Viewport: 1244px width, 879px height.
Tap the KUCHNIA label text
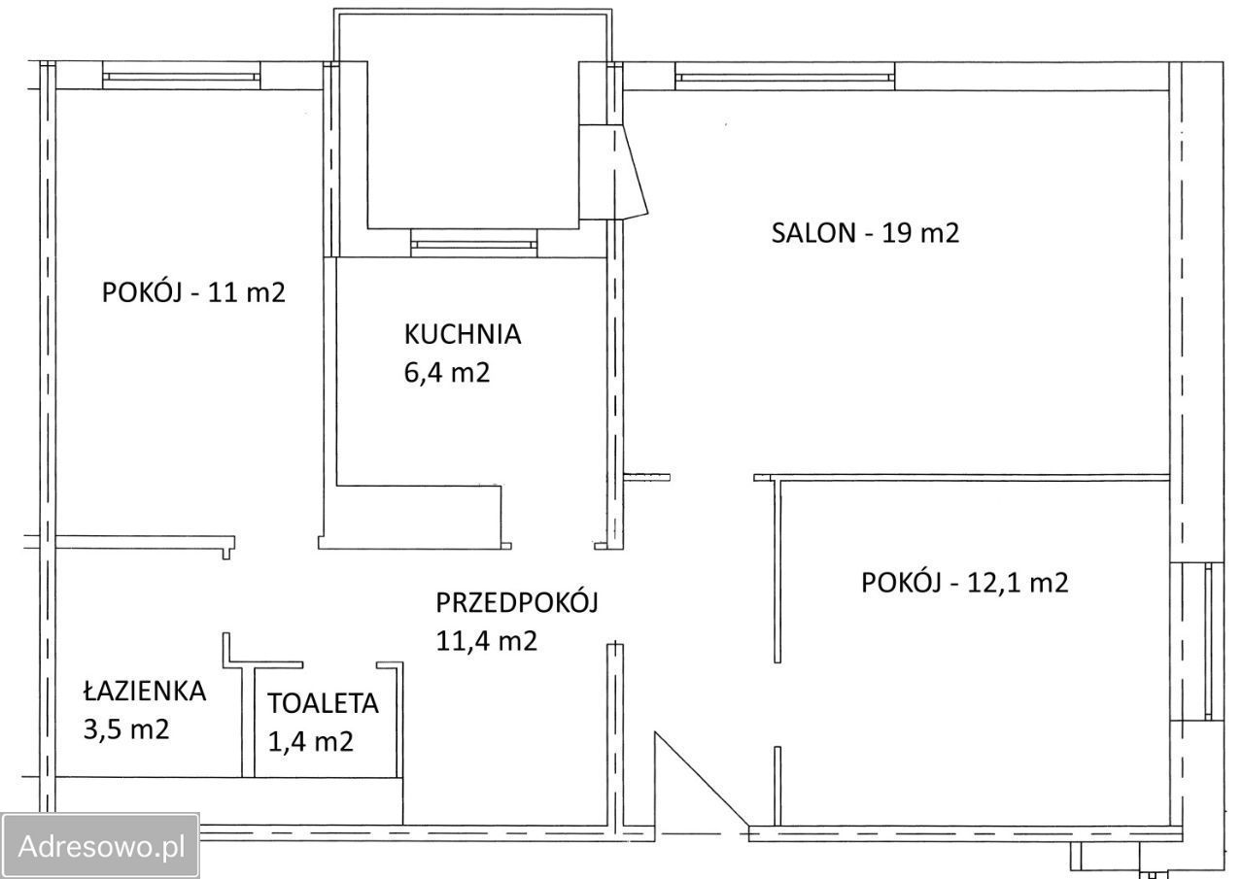coord(463,334)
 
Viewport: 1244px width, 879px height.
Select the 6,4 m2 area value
coord(446,372)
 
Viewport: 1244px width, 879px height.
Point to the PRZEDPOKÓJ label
coord(516,602)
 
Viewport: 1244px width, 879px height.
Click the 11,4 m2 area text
coord(486,641)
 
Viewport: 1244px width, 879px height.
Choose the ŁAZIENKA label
coord(144,691)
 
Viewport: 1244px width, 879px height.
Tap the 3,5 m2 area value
coord(126,728)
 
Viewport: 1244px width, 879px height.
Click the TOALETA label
coord(324,703)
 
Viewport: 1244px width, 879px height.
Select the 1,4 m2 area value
coord(310,742)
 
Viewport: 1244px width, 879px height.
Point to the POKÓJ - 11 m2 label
coord(193,292)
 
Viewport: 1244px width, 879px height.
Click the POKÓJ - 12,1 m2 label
coord(964,583)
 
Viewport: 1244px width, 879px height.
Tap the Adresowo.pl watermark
coord(101,845)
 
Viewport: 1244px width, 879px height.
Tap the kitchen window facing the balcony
coord(473,243)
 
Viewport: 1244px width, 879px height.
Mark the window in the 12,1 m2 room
coord(1207,641)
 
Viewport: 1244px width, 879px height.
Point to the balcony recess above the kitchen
coord(472,136)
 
